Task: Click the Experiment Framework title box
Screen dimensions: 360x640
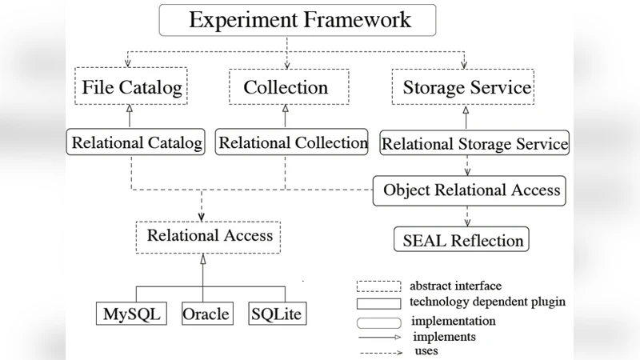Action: point(299,20)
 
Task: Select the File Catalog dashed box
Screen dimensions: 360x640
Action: point(132,87)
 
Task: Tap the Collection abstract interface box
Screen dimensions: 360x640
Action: point(286,87)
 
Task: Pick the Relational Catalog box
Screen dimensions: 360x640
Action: point(136,144)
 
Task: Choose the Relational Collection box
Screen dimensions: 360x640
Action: point(293,144)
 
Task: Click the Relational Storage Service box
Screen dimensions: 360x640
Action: point(474,145)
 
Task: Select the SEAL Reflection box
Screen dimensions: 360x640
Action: point(462,240)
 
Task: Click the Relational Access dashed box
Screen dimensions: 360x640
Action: point(209,236)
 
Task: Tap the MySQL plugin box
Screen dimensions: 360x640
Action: point(131,314)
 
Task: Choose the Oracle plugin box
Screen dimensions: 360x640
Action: point(206,314)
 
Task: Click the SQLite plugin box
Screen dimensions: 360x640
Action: point(276,314)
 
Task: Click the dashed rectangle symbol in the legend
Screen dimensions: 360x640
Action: point(378,286)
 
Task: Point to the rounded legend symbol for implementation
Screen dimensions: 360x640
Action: point(378,322)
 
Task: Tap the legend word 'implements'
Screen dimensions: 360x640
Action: point(444,336)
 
